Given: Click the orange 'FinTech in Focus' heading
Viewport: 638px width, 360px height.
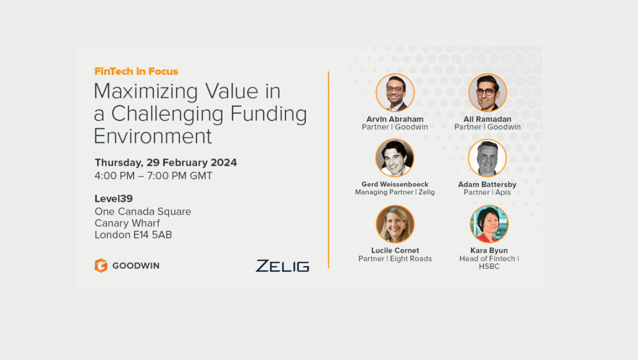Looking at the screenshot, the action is coord(136,71).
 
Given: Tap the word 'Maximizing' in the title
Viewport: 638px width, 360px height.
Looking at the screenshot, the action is coord(146,92).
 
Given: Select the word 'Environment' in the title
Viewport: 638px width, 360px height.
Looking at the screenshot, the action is coord(153,136).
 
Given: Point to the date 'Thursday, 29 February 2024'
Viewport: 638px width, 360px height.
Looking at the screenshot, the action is coord(166,163).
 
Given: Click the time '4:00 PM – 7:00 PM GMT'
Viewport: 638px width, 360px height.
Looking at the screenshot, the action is coord(154,176).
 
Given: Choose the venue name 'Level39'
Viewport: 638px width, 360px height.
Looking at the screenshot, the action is coord(114,198).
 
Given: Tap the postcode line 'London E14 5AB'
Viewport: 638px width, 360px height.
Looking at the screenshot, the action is coord(133,235).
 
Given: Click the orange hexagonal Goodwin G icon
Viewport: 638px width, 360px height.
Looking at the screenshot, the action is coord(101,265).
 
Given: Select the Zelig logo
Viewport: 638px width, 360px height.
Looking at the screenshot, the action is coord(282,266).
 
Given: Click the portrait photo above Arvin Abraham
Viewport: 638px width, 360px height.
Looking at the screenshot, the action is coord(395,93).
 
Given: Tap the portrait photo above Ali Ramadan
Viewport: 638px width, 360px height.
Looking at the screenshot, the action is coord(487,93).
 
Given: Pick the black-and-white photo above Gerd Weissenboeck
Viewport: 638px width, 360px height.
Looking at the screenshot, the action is coord(395,158).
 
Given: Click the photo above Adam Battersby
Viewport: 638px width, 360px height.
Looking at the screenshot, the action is coord(487,158).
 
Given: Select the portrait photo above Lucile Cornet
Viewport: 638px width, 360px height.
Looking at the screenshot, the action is coord(395,224).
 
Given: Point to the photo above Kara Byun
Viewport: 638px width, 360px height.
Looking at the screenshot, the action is coord(489,224).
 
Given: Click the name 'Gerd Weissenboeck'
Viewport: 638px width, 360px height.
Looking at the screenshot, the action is coord(395,184).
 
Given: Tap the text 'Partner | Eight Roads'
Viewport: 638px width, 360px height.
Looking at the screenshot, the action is coord(395,259).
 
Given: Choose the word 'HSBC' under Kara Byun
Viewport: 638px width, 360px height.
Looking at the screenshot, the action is coord(489,267).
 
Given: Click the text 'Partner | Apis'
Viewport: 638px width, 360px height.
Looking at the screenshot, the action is coord(487,192).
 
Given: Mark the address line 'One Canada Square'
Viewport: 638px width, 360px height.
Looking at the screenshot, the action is coord(143,211).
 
